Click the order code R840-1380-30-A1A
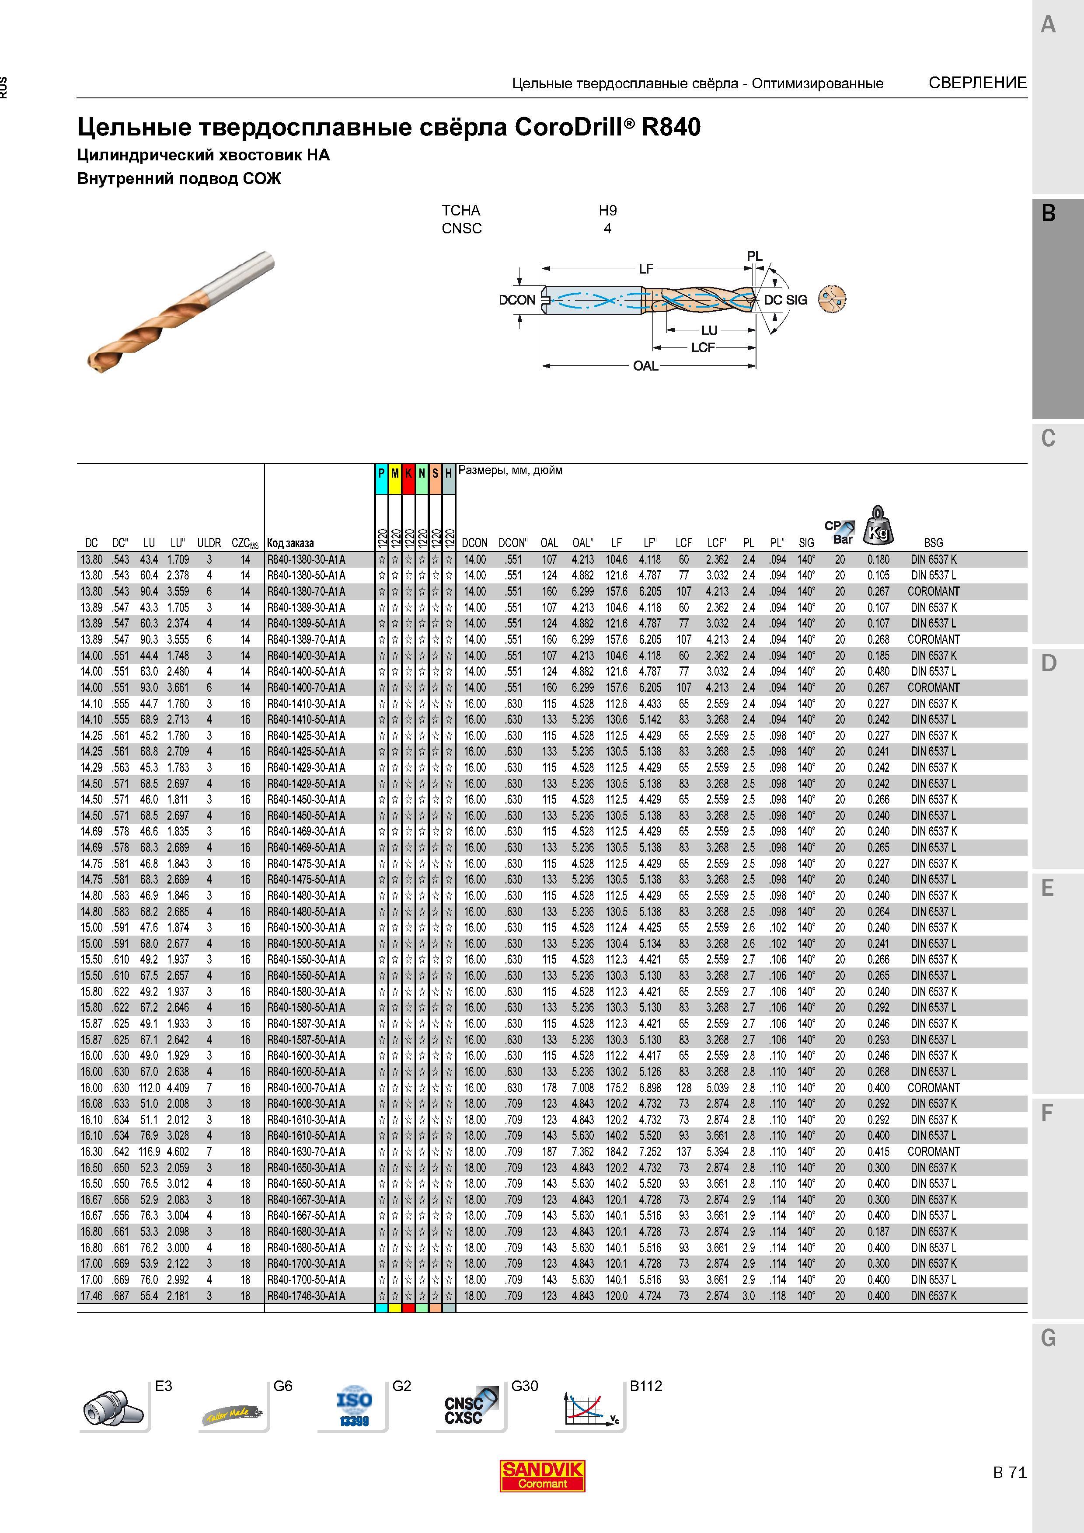pos(306,559)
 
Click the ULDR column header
pos(209,543)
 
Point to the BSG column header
pos(933,543)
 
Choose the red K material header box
pos(408,479)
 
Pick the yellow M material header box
pos(395,479)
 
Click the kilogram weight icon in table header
pos(878,525)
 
